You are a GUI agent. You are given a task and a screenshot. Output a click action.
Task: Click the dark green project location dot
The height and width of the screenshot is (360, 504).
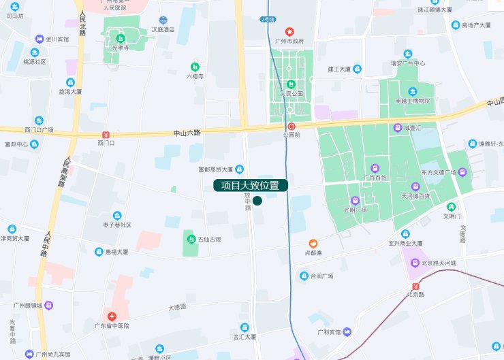point(257,201)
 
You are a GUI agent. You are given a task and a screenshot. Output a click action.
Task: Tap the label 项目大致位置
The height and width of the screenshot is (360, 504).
point(250,185)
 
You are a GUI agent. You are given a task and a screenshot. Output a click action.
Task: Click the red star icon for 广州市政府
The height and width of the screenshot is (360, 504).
point(289,32)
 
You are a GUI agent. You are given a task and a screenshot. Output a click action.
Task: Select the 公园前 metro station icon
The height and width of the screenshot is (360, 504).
point(291,126)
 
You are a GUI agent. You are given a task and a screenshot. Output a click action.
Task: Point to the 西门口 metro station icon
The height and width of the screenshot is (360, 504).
point(105,134)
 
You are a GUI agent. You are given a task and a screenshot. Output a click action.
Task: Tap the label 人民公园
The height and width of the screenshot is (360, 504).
point(292,93)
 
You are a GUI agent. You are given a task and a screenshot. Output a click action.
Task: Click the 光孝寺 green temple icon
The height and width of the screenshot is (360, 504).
point(121,38)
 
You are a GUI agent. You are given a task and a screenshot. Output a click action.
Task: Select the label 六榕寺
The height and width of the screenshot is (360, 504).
point(195,76)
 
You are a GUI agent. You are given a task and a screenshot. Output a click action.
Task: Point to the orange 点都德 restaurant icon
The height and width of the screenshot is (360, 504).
point(313,243)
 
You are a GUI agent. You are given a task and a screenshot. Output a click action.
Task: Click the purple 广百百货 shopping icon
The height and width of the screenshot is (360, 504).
point(374,168)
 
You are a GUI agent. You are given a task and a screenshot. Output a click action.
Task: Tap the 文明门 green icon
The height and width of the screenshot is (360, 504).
point(451,207)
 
